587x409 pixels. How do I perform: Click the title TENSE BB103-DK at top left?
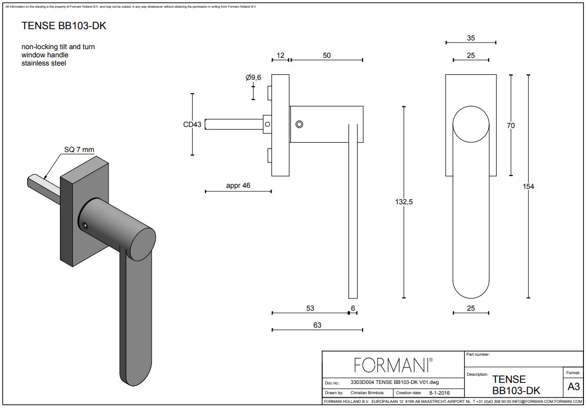(x=64, y=26)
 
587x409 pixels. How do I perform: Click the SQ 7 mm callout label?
(x=79, y=149)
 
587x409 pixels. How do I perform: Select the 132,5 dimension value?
(x=404, y=202)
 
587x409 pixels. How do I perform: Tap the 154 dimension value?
(x=528, y=186)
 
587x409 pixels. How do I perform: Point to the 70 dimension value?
(x=511, y=125)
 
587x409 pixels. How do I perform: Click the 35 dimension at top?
(x=471, y=37)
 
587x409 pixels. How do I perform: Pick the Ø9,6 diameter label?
(x=253, y=77)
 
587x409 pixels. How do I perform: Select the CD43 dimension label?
(x=193, y=124)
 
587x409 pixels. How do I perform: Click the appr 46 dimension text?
(x=238, y=185)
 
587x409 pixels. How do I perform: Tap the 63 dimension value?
(x=317, y=325)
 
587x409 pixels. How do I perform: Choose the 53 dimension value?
(x=310, y=308)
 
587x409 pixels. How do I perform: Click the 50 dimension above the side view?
(x=327, y=55)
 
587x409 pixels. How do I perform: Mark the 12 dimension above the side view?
(x=280, y=55)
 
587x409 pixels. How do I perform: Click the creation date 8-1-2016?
(x=439, y=393)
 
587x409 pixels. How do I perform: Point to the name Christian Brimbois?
(x=368, y=393)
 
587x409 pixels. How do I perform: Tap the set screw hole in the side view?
(x=299, y=124)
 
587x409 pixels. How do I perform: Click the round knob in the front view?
(x=471, y=124)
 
